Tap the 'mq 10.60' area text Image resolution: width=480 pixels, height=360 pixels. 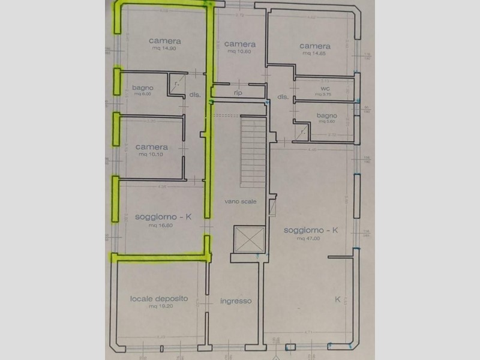[239, 52]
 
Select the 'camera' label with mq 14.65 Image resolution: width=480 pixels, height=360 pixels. [314, 46]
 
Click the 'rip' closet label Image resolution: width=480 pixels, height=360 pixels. [238, 93]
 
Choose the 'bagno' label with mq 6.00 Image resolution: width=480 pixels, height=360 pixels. [144, 88]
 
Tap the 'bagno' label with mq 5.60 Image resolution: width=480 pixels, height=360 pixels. [326, 116]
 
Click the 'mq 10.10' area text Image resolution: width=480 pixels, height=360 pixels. [151, 154]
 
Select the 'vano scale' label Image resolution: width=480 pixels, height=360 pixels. [241, 202]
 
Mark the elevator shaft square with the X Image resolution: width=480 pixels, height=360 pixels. [247, 239]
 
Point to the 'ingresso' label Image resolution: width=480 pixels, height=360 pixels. [235, 301]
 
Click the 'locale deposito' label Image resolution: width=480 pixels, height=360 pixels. [159, 298]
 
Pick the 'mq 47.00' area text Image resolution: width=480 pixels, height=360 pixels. [309, 238]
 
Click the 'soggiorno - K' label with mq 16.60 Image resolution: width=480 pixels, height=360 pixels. [163, 217]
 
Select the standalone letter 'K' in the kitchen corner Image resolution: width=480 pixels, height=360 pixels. [337, 299]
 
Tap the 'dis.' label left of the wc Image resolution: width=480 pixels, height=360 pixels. [283, 97]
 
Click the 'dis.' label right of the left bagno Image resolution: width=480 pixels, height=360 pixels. [194, 95]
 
